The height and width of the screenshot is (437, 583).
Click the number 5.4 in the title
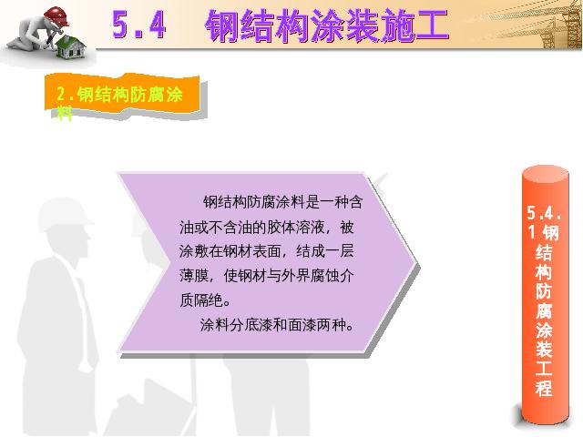138,25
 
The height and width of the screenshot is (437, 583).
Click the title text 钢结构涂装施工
327,25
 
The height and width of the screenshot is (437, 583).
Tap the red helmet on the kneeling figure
56,15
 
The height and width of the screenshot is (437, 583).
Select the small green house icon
71,48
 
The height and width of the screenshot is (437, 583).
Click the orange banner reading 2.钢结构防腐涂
122,95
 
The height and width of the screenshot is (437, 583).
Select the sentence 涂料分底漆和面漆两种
277,325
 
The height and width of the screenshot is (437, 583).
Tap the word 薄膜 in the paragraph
194,276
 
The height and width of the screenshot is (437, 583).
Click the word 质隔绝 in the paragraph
201,300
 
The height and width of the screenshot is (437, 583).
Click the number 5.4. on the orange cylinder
544,213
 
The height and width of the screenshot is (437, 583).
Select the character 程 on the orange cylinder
544,388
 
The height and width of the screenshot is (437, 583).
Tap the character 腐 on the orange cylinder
544,310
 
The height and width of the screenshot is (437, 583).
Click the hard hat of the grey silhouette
64,215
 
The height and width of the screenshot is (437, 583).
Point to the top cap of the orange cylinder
546,174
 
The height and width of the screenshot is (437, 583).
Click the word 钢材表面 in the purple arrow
252,251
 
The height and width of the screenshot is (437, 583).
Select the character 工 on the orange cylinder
544,368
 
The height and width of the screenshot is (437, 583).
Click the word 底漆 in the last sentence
260,325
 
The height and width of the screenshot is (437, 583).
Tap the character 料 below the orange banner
65,113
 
